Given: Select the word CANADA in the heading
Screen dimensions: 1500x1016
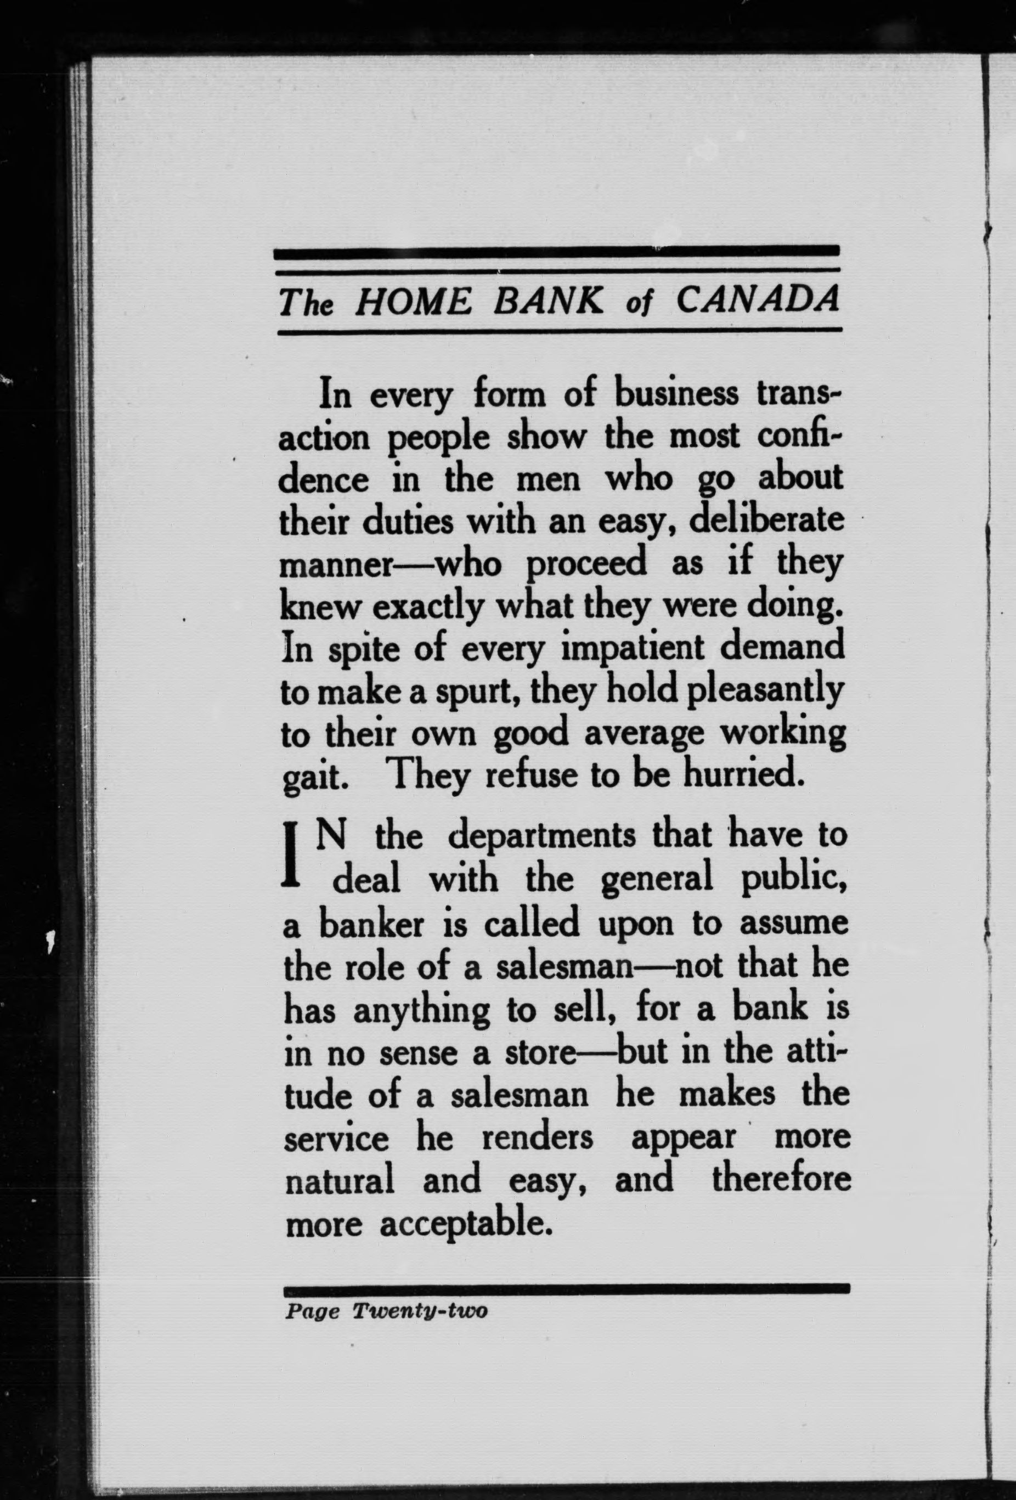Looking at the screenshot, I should [759, 301].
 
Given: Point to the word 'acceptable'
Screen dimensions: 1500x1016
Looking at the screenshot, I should [467, 1224].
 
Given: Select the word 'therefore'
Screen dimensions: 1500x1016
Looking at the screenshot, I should [781, 1180].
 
